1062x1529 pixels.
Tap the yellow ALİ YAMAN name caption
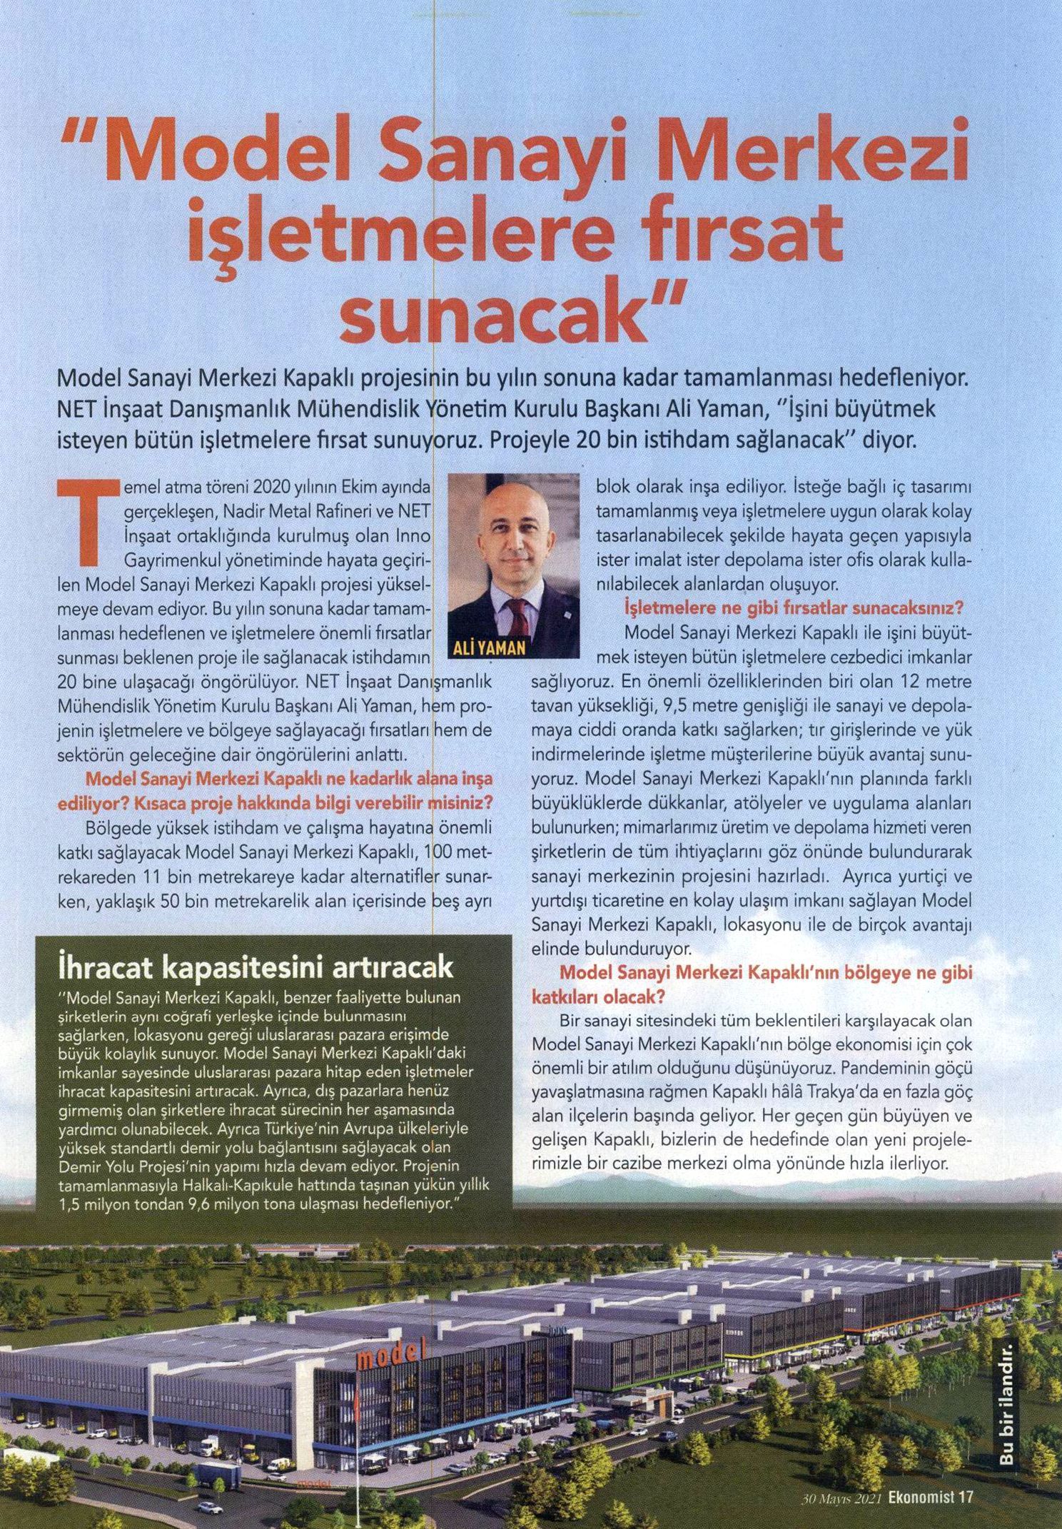[490, 648]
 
